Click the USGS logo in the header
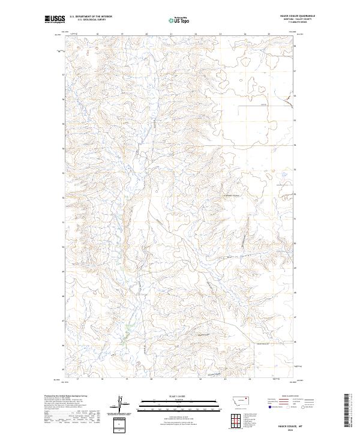55,20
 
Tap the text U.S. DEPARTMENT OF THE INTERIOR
91,17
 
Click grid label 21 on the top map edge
171,35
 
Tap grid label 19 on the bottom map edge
127,379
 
